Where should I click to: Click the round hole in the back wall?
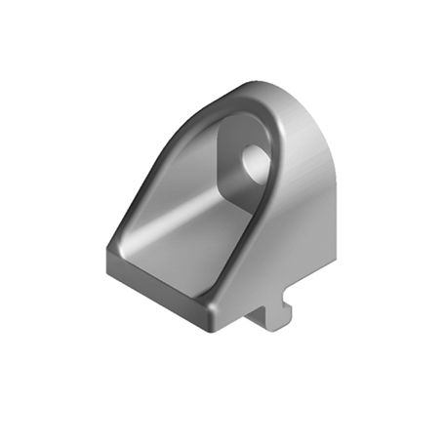(x=256, y=163)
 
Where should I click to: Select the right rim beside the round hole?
(x=276, y=181)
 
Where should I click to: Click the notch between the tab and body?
(x=256, y=310)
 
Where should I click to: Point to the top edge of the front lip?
(x=156, y=268)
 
